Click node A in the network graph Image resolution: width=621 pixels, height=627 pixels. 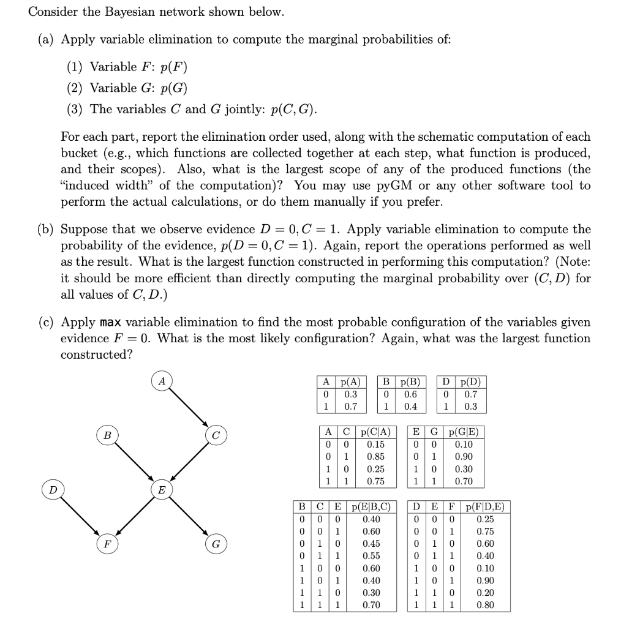(x=162, y=381)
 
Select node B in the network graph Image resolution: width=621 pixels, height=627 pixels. (x=107, y=436)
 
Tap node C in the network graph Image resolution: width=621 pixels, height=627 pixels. (x=216, y=436)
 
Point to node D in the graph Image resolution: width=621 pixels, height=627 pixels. (x=53, y=490)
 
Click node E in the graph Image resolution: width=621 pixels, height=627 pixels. (x=162, y=490)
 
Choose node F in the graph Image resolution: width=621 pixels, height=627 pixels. (x=107, y=544)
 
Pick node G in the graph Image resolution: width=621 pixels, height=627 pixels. (x=216, y=544)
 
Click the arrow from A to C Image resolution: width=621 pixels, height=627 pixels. (x=189, y=408)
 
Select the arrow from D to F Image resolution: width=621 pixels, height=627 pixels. (x=80, y=517)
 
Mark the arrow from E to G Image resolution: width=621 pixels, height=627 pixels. (x=189, y=517)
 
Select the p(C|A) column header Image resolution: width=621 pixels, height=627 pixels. (x=375, y=432)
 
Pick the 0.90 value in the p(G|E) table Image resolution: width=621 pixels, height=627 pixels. (x=464, y=457)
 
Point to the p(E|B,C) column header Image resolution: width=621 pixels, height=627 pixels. (x=371, y=506)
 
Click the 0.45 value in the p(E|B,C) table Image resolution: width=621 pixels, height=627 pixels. (x=371, y=544)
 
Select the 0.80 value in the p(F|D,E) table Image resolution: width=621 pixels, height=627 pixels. (x=486, y=606)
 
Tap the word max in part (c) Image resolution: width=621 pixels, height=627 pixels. (x=112, y=322)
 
